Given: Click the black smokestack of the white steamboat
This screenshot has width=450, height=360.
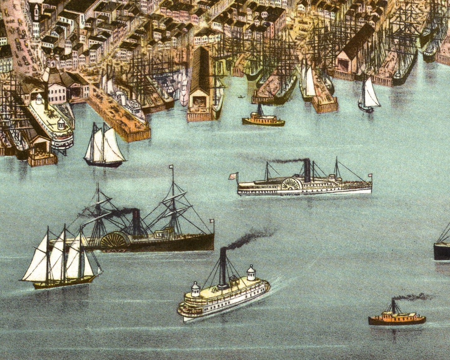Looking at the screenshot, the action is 307,171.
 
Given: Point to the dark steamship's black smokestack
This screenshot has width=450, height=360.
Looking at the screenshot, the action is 136,221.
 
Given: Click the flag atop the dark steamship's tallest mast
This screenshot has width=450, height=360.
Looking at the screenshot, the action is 171,167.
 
